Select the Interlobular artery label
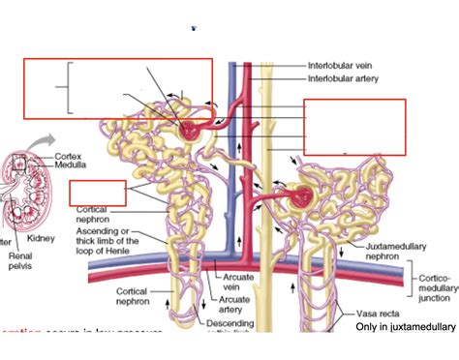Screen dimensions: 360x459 [343, 78]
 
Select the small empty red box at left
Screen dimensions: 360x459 [98, 192]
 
